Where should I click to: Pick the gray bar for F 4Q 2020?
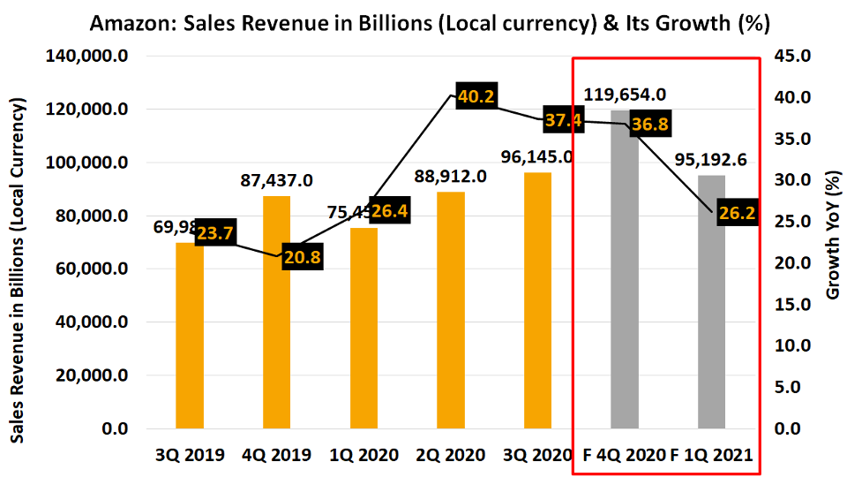[x=625, y=283]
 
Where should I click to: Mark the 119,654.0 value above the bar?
[x=625, y=95]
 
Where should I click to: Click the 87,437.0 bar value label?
[x=276, y=180]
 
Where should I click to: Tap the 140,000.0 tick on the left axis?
[x=86, y=57]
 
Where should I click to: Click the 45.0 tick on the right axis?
[x=792, y=57]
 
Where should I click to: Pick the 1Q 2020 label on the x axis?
[x=364, y=456]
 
